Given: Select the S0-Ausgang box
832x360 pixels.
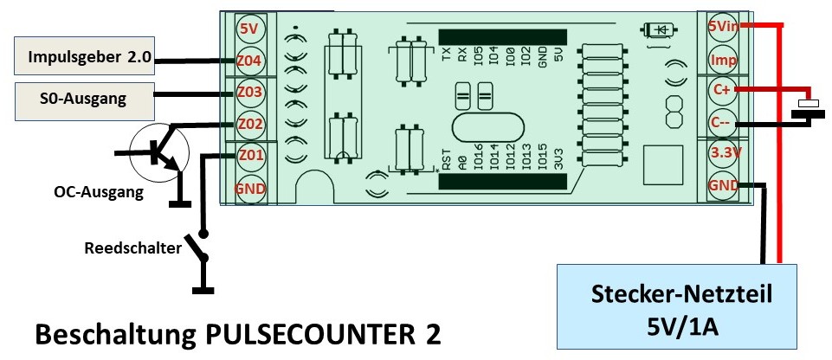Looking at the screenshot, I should [83, 98].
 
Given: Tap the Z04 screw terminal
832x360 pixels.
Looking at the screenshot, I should [249, 61].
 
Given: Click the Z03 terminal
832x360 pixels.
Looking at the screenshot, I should [249, 92].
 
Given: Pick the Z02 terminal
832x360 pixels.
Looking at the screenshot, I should [249, 124].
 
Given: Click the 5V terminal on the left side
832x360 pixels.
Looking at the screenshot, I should [249, 29].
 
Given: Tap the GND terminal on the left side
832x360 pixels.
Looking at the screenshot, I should [249, 189].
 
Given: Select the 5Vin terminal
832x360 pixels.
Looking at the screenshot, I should [723, 26].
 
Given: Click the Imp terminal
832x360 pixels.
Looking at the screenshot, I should [723, 59].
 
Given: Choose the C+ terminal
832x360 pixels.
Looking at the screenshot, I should [723, 89].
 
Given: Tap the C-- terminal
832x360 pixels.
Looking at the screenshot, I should [723, 122].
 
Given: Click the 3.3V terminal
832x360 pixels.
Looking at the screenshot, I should [723, 153].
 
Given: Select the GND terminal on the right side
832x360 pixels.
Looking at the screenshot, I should [723, 184].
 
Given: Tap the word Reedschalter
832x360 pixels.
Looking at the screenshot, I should [132, 248].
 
